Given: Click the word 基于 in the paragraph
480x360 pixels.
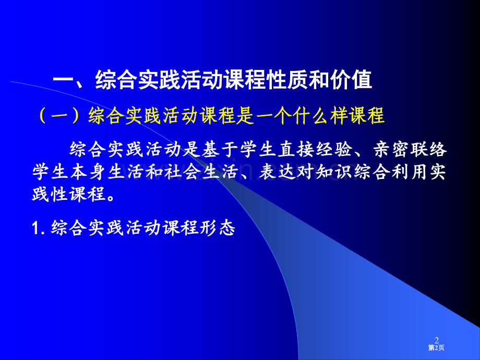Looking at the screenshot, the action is pos(220,150).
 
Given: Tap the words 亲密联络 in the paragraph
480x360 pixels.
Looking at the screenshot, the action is pos(410,150).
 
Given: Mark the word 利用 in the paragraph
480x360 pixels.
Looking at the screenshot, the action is pos(410,172).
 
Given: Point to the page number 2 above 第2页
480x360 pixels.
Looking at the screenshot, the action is pos(437,340).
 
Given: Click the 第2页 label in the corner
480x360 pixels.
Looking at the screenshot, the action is pos(436,347).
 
